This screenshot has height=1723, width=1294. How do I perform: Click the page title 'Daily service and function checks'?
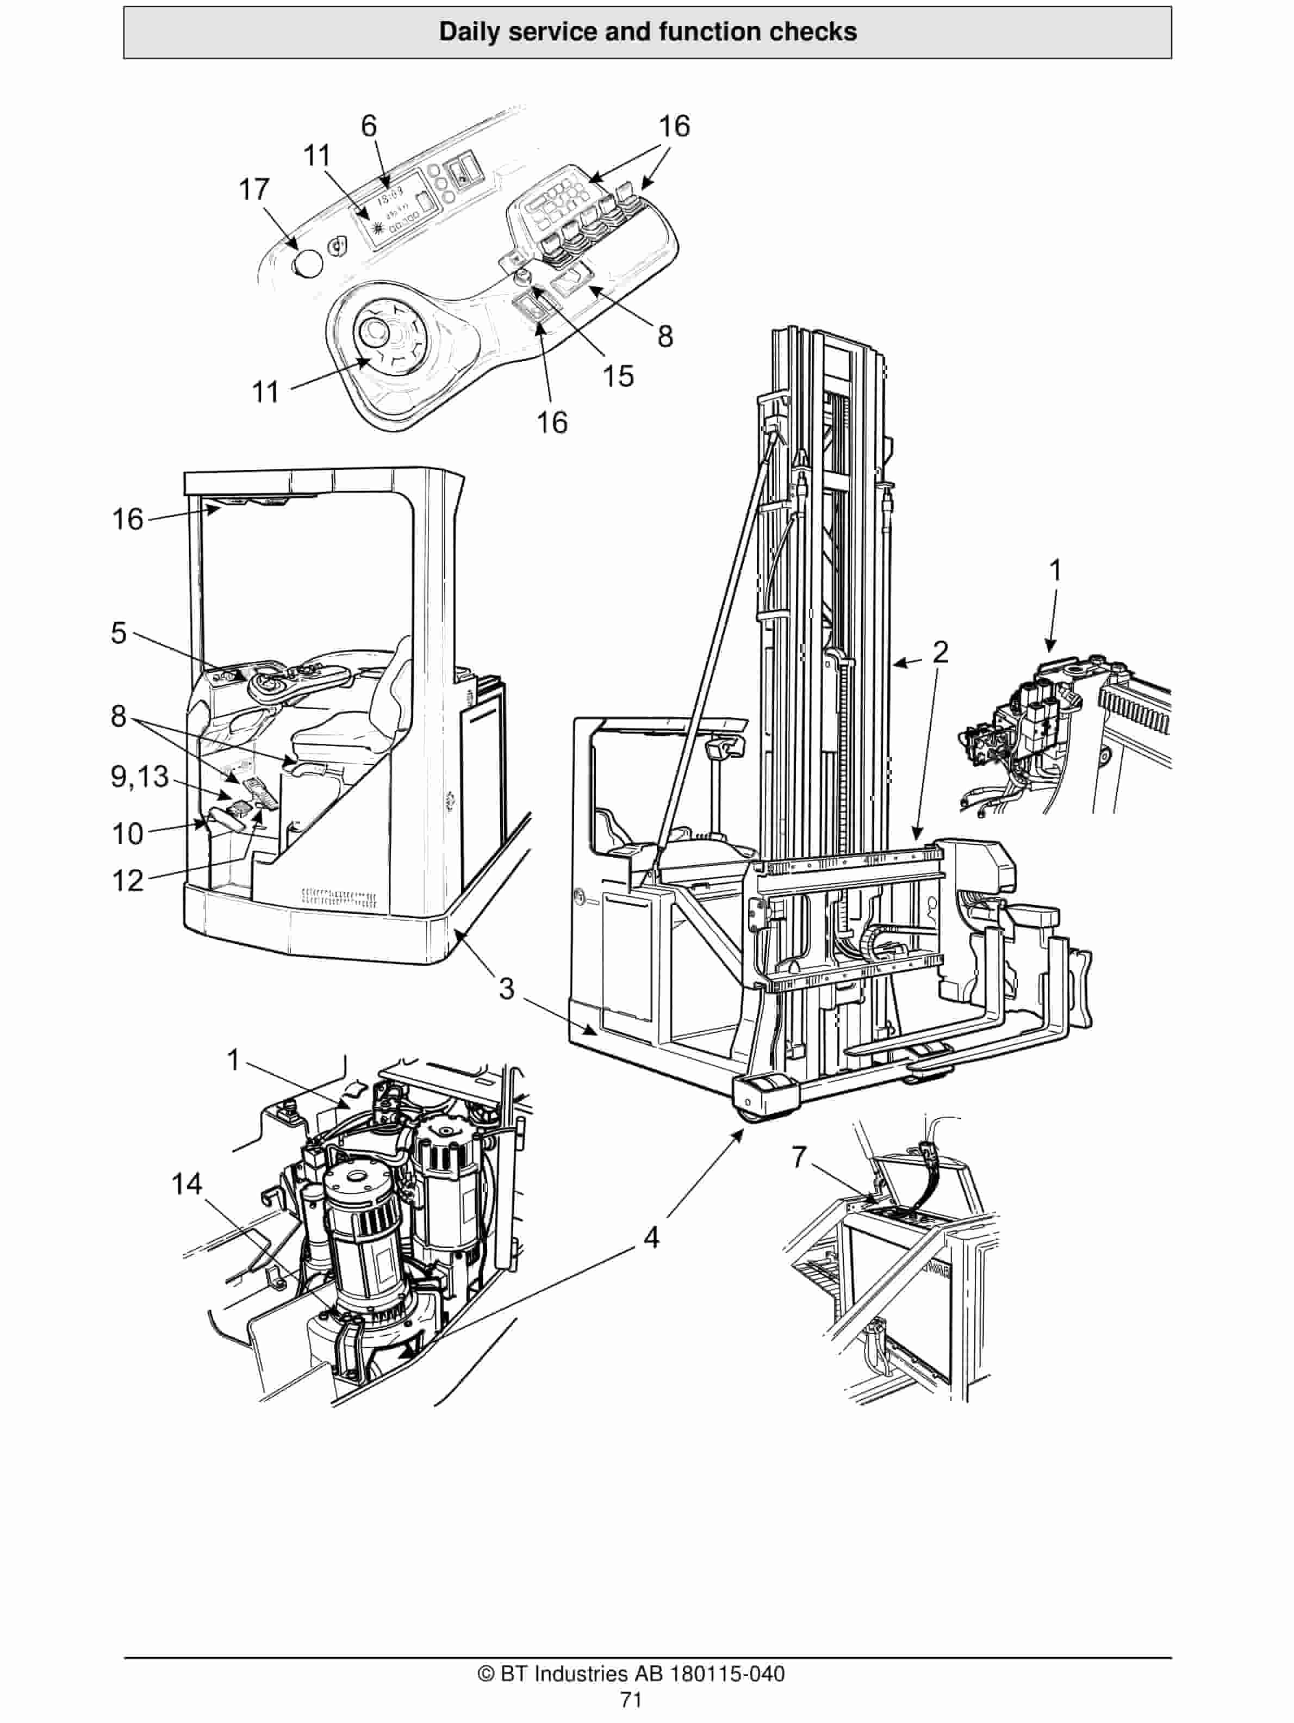pos(647,32)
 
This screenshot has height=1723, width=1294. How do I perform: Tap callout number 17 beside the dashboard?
pos(254,189)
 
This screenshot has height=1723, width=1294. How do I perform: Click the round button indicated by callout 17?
pos(307,265)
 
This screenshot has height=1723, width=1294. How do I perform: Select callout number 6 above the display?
pos(369,126)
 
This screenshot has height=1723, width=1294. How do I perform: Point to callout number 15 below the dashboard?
pos(618,376)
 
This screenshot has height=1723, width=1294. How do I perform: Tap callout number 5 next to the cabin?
pos(119,633)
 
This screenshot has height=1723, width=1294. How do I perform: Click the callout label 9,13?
pos(140,776)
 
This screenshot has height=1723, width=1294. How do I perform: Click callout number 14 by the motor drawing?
pos(187,1185)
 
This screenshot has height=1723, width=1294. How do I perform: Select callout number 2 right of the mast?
pos(941,652)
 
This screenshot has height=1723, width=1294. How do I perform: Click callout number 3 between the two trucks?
pos(506,989)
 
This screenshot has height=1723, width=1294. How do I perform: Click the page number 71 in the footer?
pos(631,1700)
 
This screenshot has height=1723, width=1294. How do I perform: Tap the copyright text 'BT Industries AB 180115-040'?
pos(631,1673)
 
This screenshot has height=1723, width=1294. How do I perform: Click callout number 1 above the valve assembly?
pos(1055,571)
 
